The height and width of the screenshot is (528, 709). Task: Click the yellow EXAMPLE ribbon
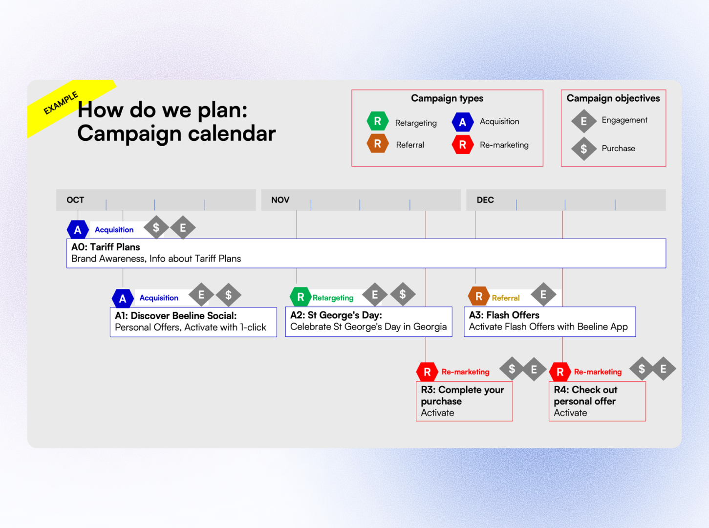pos(62,104)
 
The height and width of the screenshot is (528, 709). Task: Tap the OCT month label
pos(75,200)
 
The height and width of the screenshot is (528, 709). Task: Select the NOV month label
pos(280,200)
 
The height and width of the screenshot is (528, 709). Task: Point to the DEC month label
pos(485,200)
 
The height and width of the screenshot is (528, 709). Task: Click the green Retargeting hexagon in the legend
pos(378,121)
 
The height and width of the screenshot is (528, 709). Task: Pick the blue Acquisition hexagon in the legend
pos(462,122)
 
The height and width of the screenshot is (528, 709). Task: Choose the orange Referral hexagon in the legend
pos(378,144)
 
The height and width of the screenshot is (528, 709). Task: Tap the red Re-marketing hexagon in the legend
pos(462,145)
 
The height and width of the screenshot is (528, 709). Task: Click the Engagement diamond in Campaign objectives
pos(583,121)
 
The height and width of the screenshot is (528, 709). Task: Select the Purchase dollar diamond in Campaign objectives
pos(583,149)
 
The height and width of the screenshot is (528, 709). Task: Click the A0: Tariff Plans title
pos(106,247)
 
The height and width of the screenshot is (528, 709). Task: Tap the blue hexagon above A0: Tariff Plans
pos(78,230)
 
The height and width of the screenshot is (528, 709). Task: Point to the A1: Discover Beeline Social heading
pos(175,316)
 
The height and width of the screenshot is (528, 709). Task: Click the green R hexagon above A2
pos(301,297)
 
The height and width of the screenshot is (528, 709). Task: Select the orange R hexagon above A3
pos(479,296)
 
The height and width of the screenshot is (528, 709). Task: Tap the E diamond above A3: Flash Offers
pos(543,295)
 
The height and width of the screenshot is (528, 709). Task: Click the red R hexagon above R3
pos(427,372)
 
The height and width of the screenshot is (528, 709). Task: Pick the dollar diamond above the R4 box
pos(642,369)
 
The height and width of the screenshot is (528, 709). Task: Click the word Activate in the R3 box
pos(437,413)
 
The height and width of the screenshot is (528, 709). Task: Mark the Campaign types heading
pos(447,98)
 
